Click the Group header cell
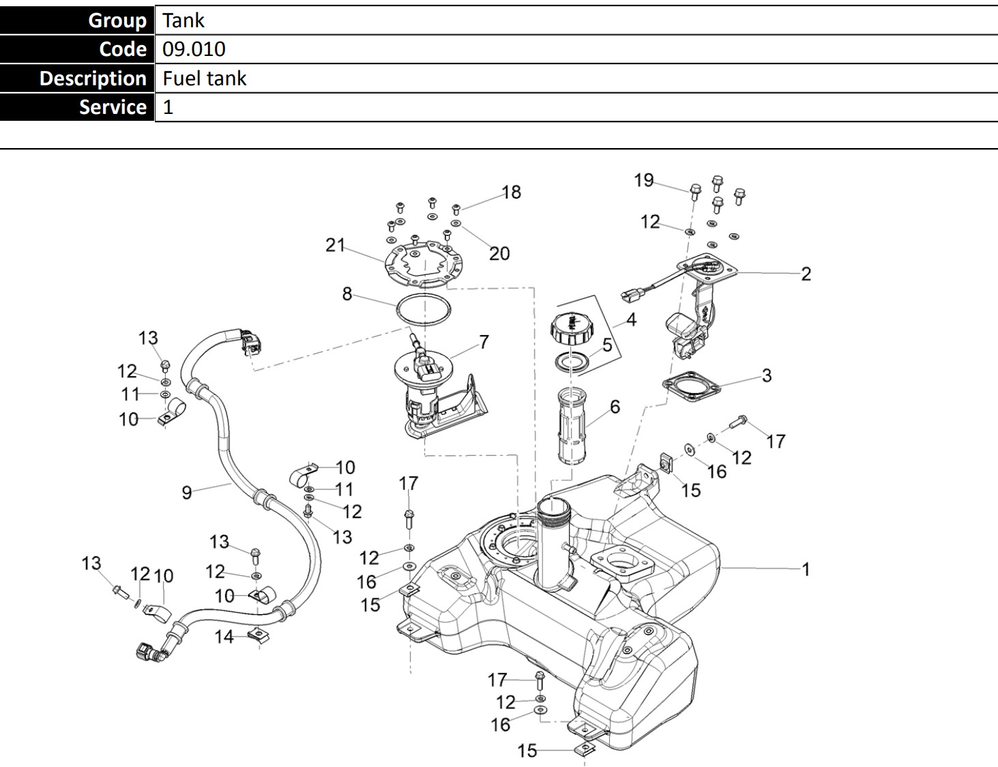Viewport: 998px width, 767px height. (x=77, y=20)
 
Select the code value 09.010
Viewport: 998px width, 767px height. (x=194, y=49)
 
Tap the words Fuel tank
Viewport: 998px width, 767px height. (x=204, y=78)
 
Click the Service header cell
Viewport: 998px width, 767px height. (x=77, y=107)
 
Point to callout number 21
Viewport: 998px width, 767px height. (x=335, y=245)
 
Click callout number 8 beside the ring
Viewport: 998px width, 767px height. (x=347, y=294)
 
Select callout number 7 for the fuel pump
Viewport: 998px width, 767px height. (x=484, y=342)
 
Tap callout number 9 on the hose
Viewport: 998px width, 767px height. (x=187, y=492)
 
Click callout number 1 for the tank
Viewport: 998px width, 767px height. (x=806, y=568)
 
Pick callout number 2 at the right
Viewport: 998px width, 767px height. (x=806, y=274)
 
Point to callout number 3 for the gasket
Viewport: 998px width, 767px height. (x=767, y=375)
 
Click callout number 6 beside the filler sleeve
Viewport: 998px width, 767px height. (x=615, y=407)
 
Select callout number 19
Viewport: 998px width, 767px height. (x=643, y=180)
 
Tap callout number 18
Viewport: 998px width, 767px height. (x=512, y=192)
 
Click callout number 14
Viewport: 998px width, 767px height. (x=224, y=637)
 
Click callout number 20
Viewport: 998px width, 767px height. (x=499, y=254)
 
